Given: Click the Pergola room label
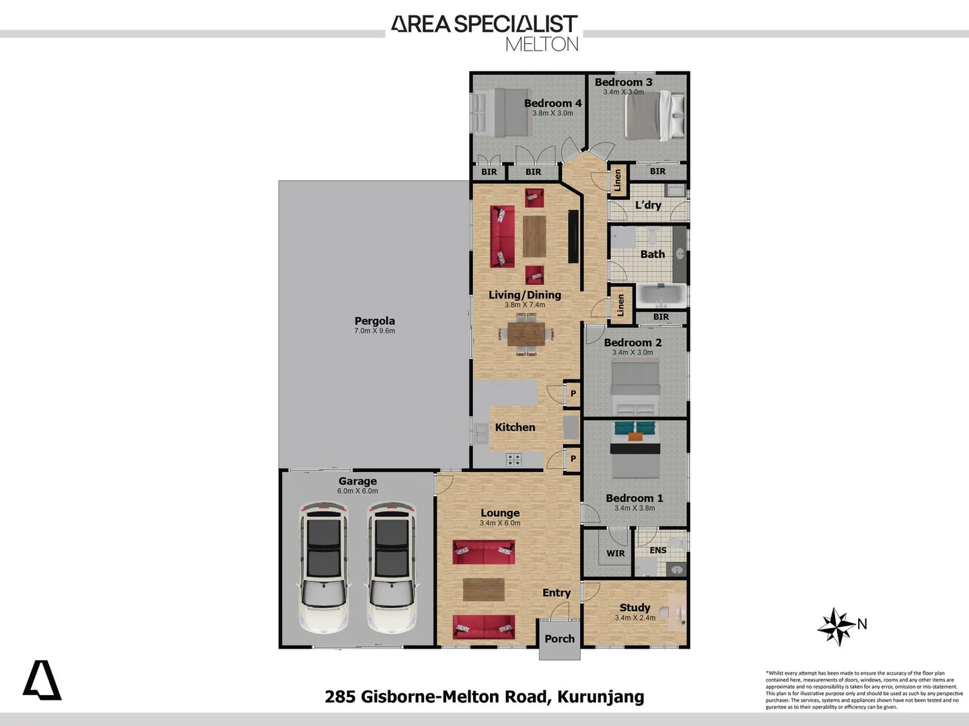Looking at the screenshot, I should [374, 321].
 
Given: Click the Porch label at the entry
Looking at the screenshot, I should [559, 639].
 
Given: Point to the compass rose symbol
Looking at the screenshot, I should [836, 627].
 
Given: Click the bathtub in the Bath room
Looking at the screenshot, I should [661, 294].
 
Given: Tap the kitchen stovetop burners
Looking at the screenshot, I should [513, 460].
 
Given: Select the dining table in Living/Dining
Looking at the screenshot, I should [526, 333].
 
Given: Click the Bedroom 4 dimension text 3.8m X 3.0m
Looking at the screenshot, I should [552, 113].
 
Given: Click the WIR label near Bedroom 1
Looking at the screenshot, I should [615, 553].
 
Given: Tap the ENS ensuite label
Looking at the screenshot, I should [657, 550].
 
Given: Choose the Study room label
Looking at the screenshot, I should [635, 607].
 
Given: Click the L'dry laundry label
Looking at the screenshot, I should [648, 205].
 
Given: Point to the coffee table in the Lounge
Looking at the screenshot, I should [483, 590].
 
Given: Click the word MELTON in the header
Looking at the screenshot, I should [542, 44].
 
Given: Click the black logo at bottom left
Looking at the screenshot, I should [42, 680].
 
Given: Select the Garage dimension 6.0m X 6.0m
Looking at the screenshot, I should [357, 491].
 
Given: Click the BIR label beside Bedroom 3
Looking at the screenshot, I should [657, 171].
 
